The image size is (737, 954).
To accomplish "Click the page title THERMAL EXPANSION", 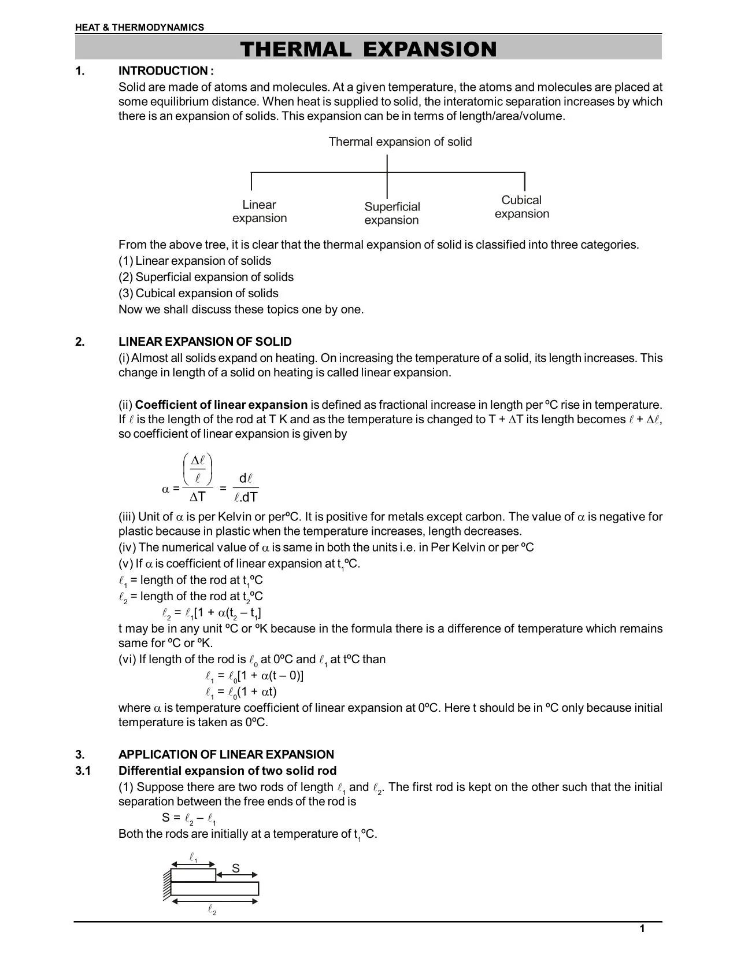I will (x=368, y=49).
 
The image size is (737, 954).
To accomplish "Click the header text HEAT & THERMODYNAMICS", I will (x=139, y=27).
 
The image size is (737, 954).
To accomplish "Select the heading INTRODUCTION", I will (x=166, y=71).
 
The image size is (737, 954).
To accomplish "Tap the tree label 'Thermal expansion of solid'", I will (x=400, y=142).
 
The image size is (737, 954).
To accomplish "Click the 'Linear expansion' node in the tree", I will (x=260, y=212).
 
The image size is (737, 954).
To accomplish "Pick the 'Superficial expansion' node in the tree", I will (x=391, y=213).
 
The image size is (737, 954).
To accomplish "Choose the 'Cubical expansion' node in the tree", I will (x=521, y=207).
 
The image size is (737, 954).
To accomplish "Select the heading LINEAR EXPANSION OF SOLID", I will (x=205, y=342).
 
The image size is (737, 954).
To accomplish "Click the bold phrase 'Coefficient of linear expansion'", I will (x=221, y=405).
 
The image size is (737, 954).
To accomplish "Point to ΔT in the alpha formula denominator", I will (x=198, y=497).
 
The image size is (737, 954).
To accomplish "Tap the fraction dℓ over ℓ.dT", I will (x=246, y=488).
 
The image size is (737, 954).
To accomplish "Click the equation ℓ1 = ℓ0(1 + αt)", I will (x=241, y=692).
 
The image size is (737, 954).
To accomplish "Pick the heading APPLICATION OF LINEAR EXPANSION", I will (x=226, y=755).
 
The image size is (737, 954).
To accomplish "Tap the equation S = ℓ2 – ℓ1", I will (x=189, y=818).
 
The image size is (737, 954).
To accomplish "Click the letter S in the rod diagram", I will (x=236, y=868).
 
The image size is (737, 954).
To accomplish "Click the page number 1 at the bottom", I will (x=642, y=929).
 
